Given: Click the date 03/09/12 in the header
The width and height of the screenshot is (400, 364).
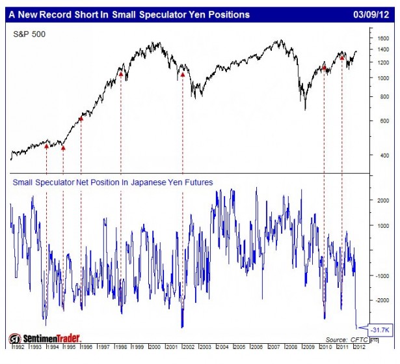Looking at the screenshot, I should click(x=373, y=12).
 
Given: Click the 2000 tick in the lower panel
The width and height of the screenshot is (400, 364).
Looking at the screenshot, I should click(x=384, y=201).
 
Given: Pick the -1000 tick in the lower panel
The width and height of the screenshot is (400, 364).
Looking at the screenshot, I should click(x=383, y=275).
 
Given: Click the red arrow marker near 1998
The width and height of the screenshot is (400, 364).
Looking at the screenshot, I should click(x=121, y=74).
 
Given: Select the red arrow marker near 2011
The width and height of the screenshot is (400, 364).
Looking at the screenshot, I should click(x=342, y=57).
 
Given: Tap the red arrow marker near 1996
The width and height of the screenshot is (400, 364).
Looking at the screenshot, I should click(x=81, y=119).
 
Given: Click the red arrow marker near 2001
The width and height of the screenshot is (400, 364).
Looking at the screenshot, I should click(x=183, y=74).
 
